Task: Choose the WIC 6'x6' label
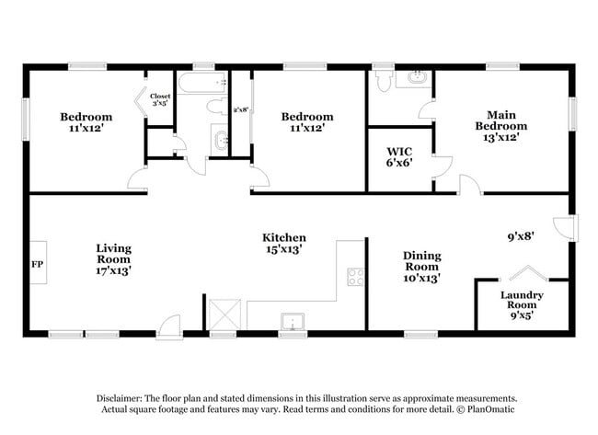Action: (x=398, y=156)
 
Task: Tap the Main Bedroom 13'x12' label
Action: (x=501, y=119)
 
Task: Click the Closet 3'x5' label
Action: (x=160, y=99)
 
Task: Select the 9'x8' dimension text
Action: (x=521, y=235)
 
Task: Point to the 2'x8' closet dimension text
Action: (x=241, y=109)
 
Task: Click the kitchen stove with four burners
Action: (x=355, y=276)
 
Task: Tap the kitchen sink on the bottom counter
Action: (x=293, y=322)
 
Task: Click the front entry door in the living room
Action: (x=169, y=325)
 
